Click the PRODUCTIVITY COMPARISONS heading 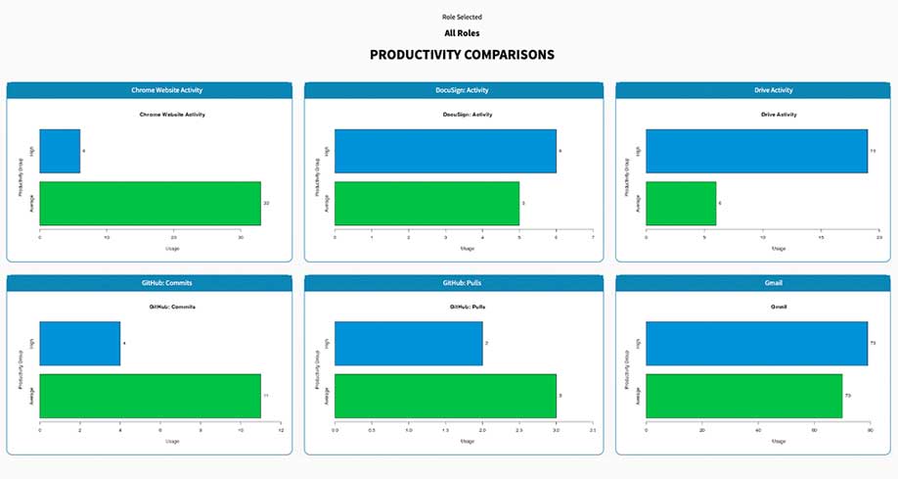tap(462, 55)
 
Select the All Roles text tap(462, 33)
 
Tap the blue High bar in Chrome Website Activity tap(60, 151)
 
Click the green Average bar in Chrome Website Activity tap(150, 203)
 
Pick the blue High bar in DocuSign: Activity tap(445, 151)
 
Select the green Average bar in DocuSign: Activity tap(427, 203)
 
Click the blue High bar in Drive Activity tap(756, 151)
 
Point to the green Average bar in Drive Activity tap(681, 203)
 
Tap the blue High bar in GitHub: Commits tap(80, 343)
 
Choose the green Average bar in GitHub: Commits tap(150, 395)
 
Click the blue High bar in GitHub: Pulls tap(408, 343)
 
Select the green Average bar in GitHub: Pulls tap(445, 395)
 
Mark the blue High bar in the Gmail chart tap(756, 343)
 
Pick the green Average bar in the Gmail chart tap(743, 395)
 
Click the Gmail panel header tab tap(755, 283)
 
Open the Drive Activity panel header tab tap(755, 90)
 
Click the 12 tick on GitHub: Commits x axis tap(280, 429)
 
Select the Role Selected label tap(462, 17)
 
